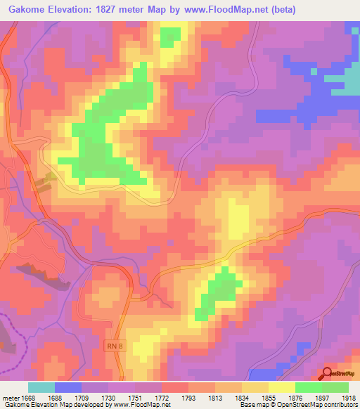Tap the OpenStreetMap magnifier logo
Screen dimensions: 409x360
327,374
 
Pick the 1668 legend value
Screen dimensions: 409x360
27,398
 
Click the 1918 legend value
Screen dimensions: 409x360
349,398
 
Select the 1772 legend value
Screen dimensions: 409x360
161,398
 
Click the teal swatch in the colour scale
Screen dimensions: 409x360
41,387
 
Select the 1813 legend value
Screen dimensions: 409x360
214,398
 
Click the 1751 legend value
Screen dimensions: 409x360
134,398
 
